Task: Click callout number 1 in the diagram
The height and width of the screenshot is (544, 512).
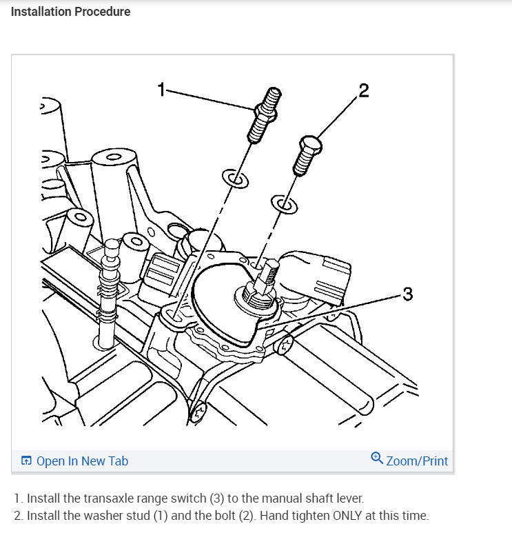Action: (x=162, y=89)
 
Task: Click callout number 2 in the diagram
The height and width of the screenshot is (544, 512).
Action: (x=364, y=90)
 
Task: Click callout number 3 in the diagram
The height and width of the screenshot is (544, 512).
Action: (x=407, y=294)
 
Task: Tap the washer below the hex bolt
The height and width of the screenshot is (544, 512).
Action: (x=284, y=203)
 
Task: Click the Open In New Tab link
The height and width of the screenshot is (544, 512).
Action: (x=81, y=461)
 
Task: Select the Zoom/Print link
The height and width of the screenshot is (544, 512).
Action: (x=417, y=461)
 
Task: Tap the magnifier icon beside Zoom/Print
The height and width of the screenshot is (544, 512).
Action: (x=377, y=458)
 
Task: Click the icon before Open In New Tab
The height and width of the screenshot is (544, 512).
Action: (x=26, y=461)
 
